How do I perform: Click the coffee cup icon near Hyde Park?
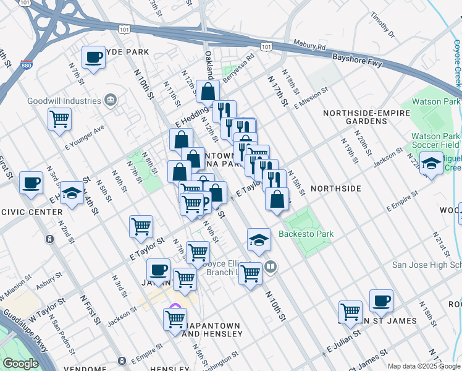93,58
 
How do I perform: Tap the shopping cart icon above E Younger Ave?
59,118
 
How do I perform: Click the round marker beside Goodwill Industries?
111,100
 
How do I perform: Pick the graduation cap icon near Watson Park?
432,163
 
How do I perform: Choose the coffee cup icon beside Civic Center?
31,182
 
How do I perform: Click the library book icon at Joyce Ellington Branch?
271,267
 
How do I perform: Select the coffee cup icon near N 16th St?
381,301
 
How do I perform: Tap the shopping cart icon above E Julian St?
350,311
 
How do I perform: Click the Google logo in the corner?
22,363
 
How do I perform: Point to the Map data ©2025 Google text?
424,366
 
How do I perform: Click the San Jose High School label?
427,265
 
